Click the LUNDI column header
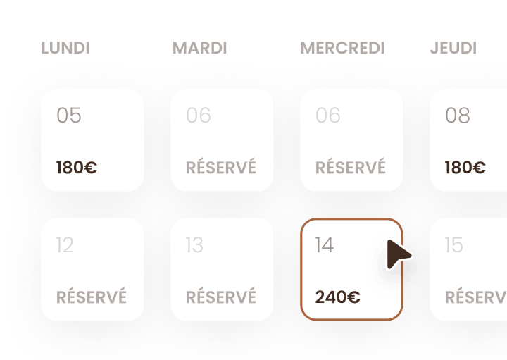coord(65,48)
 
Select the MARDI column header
coord(200,48)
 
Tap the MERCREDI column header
coord(343,48)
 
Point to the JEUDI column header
coord(453,48)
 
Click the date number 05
coord(69,115)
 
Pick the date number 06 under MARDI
coord(199,115)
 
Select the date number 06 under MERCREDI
coord(328,115)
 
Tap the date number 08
coord(458,115)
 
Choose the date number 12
coord(65,245)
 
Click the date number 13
coord(194,245)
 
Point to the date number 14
coord(325,245)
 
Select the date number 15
coord(454,245)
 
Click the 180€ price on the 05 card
coord(77,168)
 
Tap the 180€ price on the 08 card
coord(465,168)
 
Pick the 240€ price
coord(337,297)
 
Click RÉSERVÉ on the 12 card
coord(92,296)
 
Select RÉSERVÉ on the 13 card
coord(221,296)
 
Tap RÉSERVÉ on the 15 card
coord(476,296)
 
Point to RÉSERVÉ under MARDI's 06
coord(221,166)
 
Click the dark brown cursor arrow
coord(397,254)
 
